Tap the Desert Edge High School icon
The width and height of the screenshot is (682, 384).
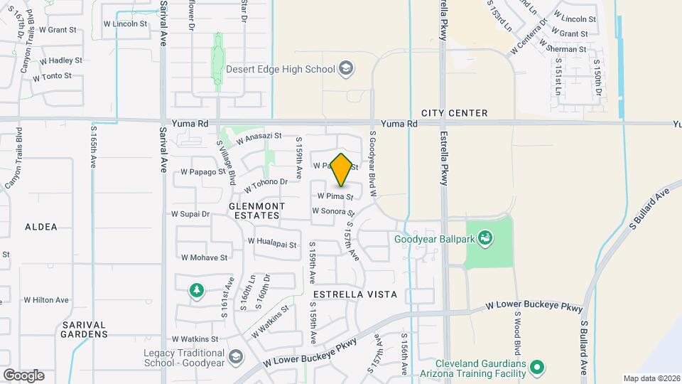point(346,69)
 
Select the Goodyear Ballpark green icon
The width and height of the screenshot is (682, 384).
point(485,238)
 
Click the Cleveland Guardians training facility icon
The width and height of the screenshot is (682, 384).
point(538,367)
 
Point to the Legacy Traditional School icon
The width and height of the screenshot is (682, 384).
point(234,357)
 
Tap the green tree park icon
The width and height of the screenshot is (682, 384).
point(196,289)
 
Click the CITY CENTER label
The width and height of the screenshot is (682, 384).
point(454,113)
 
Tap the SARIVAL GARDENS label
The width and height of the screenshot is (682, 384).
point(85,329)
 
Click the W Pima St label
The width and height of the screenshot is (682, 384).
point(335,195)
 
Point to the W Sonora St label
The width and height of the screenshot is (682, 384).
point(332,211)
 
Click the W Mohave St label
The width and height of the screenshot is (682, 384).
point(204,257)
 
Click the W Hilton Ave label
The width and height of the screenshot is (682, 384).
point(46,300)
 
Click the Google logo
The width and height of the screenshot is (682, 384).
point(23,375)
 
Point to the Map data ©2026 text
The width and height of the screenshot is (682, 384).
point(650,378)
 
